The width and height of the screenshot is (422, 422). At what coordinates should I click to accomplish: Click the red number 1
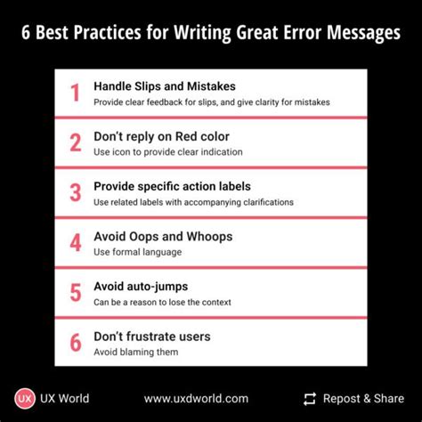pos(75,93)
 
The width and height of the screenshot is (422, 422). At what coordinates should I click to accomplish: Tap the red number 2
pos(75,143)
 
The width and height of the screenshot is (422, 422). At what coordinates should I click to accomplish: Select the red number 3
pos(75,193)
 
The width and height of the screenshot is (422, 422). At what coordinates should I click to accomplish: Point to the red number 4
pos(75,243)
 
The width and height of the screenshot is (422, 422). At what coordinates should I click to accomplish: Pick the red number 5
pos(75,293)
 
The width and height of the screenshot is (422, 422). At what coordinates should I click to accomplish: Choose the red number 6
pos(75,343)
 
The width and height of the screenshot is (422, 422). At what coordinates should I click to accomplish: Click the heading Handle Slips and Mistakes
pos(165,86)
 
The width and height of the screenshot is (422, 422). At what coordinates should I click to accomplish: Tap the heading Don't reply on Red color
pos(160,136)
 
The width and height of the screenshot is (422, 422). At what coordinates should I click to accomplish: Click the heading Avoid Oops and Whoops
pos(163,236)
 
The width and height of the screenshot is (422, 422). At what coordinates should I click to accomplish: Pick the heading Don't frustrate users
pos(153,336)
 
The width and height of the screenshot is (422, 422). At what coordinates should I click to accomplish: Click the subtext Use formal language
pos(137,252)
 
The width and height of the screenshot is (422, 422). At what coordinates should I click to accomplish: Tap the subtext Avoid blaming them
pos(136,352)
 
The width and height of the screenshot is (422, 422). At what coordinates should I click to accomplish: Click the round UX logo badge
pos(25,398)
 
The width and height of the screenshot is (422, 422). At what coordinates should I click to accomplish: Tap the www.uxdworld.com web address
pos(196,399)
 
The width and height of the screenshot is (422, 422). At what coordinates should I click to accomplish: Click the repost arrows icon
pos(310,399)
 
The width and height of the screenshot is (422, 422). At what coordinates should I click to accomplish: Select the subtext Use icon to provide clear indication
pos(168,152)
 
